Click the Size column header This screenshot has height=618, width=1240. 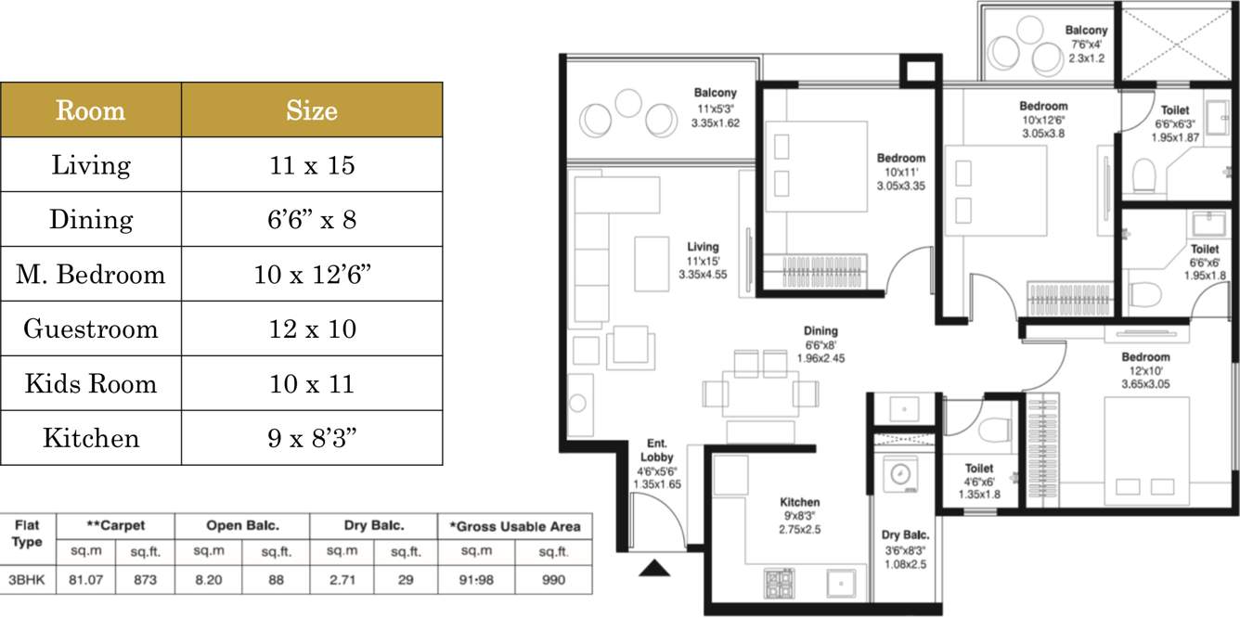click(x=312, y=109)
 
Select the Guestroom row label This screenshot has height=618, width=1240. click(x=91, y=328)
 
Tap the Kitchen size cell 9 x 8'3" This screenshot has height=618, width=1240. click(x=312, y=438)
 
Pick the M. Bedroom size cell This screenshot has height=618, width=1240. click(x=312, y=274)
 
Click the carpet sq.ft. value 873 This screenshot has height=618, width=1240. click(x=145, y=580)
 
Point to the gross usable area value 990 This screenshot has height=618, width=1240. click(x=553, y=580)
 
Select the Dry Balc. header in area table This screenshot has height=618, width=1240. click(x=374, y=525)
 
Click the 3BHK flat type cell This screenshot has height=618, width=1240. click(x=27, y=580)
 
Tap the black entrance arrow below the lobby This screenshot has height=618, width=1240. click(x=654, y=568)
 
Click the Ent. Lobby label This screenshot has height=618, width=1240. click(x=656, y=450)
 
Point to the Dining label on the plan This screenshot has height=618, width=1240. click(x=820, y=331)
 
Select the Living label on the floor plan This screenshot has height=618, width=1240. click(x=703, y=247)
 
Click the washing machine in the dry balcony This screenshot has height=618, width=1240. click(x=900, y=474)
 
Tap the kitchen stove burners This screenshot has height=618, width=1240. click(x=779, y=584)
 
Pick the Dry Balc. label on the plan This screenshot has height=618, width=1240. click(x=905, y=535)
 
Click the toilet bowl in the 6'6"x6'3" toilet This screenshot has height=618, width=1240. click(x=1143, y=174)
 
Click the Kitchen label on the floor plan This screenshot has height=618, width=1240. click(x=800, y=502)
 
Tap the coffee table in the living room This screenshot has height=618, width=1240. click(x=652, y=264)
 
